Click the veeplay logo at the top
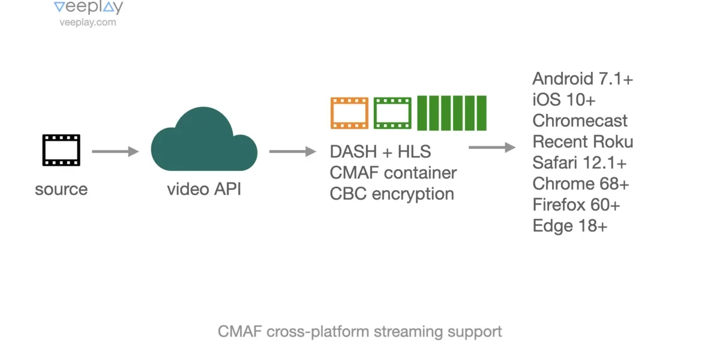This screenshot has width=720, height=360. click(x=88, y=7)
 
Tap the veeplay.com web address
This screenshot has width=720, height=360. click(x=88, y=22)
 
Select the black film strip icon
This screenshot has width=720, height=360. click(x=61, y=150)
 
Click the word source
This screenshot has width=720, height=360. click(x=61, y=189)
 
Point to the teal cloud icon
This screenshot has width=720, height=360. click(x=204, y=139)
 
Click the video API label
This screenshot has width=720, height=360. click(x=204, y=188)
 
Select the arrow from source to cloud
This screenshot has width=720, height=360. click(x=115, y=151)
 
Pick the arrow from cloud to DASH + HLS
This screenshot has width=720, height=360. click(x=293, y=151)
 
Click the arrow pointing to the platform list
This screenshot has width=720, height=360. click(x=492, y=148)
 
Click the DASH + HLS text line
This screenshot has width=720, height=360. click(x=380, y=152)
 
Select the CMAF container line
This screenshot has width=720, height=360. click(x=393, y=173)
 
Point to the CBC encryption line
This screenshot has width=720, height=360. click(x=392, y=194)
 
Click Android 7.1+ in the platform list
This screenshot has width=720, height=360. click(x=583, y=79)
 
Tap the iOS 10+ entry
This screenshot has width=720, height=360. click(x=564, y=100)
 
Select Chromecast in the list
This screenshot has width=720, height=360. click(x=580, y=121)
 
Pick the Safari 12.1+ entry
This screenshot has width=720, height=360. click(x=579, y=163)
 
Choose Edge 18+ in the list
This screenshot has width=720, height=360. click(x=570, y=226)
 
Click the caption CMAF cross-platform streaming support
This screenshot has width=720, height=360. click(x=359, y=332)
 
